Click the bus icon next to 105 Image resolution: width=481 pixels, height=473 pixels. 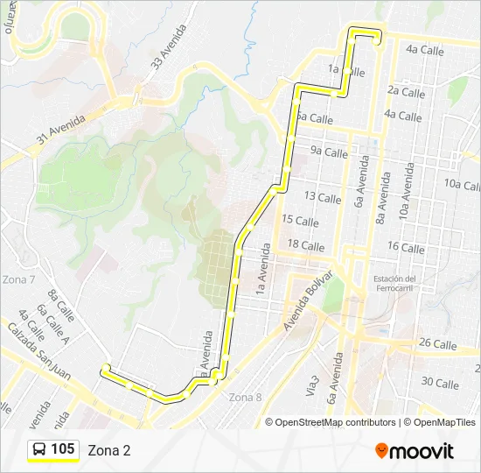click(39, 449)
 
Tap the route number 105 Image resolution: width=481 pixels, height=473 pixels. click(63, 449)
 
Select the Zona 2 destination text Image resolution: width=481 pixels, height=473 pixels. click(109, 450)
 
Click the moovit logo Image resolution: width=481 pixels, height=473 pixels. click(415, 450)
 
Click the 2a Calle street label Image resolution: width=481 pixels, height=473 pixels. click(406, 92)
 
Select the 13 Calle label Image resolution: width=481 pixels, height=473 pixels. click(322, 198)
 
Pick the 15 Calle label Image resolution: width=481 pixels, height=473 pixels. click(301, 221)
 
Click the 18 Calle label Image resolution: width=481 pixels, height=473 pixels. click(306, 246)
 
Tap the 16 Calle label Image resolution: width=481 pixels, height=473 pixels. click(406, 248)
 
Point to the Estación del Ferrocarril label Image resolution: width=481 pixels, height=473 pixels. click(394, 284)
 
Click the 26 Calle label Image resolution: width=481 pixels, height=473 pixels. click(438, 343)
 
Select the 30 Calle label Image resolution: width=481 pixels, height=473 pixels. click(440, 383)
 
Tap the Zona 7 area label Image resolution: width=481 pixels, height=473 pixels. click(19, 279)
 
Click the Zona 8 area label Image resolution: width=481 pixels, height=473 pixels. click(245, 397)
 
